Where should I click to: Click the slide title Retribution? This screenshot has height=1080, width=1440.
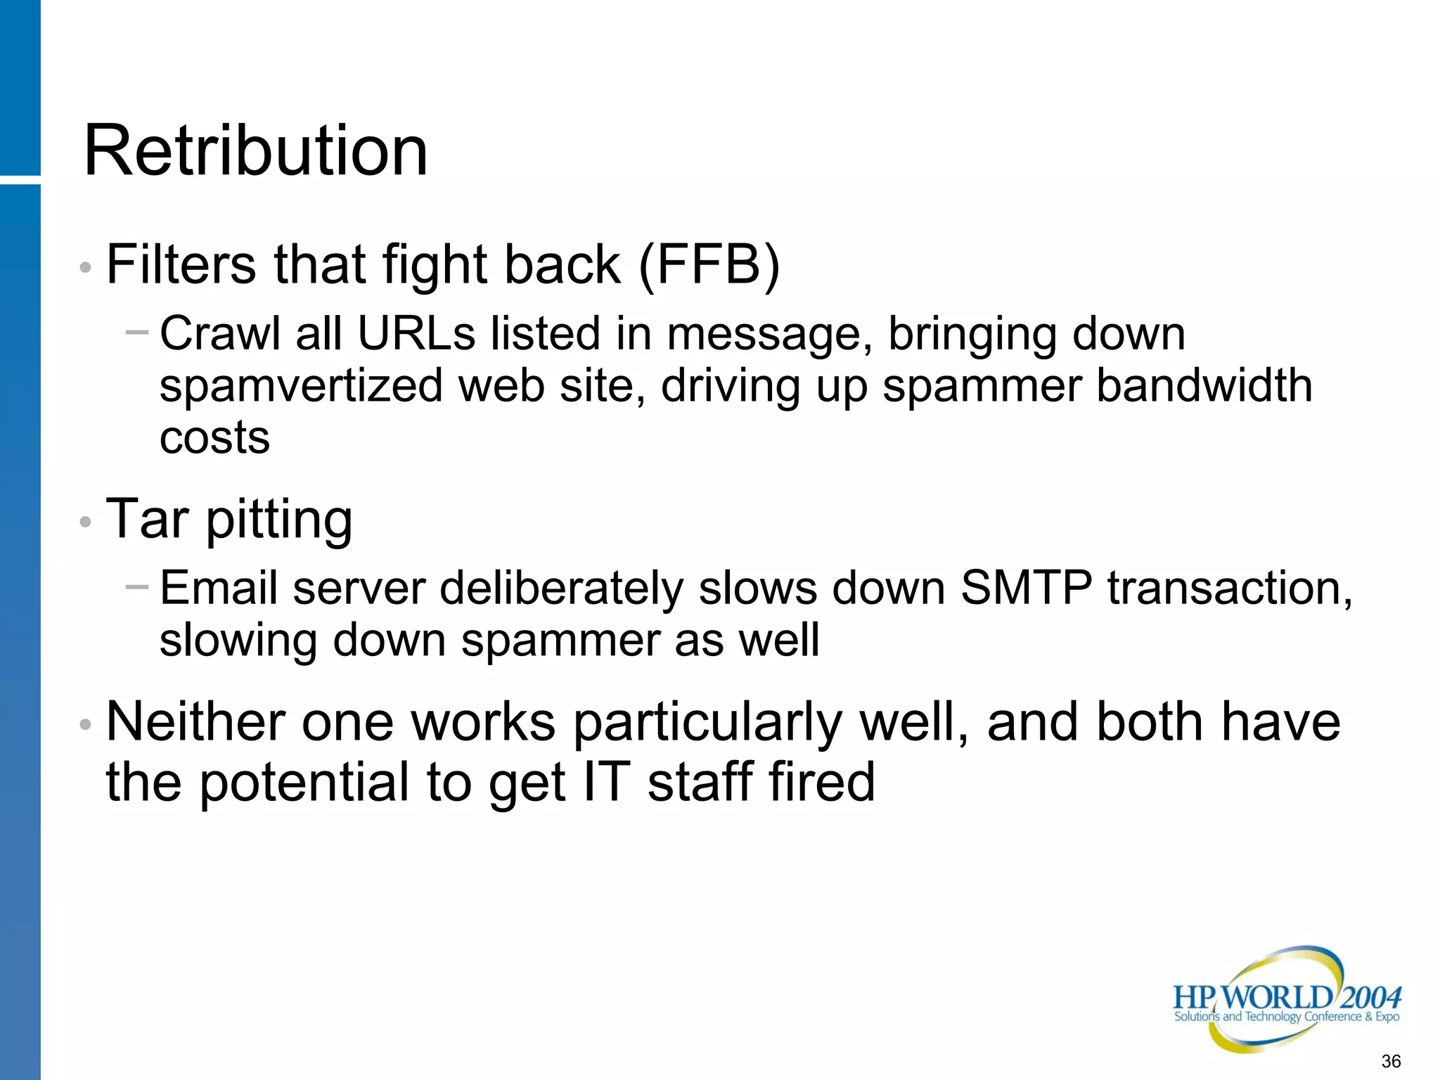click(x=255, y=151)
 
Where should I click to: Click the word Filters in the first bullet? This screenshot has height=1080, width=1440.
click(x=181, y=265)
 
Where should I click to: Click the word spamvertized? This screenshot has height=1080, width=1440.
click(x=301, y=386)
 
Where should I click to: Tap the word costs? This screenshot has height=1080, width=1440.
click(x=214, y=438)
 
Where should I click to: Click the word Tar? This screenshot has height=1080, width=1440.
click(x=147, y=519)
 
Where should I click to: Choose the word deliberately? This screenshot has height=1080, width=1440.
click(x=561, y=589)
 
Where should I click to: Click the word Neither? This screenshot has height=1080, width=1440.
click(x=195, y=722)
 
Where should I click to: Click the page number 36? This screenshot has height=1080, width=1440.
click(x=1391, y=1061)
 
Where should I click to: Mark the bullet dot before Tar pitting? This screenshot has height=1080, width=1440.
click(x=86, y=522)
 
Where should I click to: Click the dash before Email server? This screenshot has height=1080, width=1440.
click(x=137, y=585)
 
